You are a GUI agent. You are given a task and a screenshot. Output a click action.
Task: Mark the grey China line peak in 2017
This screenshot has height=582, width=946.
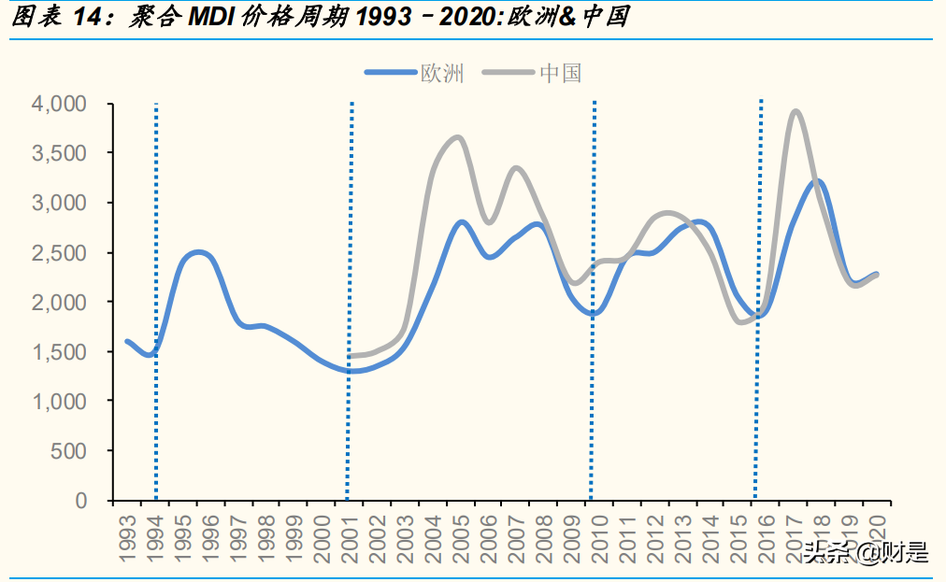[795, 111]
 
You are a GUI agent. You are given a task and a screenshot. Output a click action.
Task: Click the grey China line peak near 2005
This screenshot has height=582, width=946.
[457, 137]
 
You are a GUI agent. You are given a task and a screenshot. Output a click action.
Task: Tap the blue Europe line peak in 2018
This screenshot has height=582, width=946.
[817, 181]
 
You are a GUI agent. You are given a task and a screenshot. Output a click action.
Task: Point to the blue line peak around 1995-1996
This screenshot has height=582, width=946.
[197, 252]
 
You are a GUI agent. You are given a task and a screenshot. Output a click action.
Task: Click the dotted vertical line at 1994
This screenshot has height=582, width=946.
[155, 299]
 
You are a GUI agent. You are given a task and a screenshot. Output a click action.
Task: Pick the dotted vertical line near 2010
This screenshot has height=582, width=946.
[593, 299]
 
